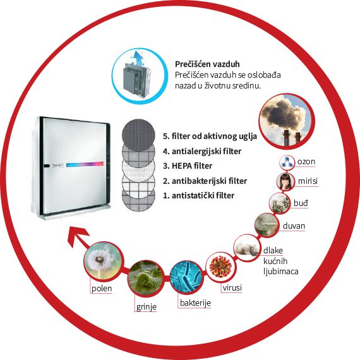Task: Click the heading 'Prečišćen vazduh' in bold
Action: point(207,64)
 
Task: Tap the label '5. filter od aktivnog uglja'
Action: point(210,136)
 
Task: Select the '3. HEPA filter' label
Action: point(188,165)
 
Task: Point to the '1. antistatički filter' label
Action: point(198,196)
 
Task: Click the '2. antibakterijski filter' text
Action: point(205,181)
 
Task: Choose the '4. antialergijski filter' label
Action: point(202,152)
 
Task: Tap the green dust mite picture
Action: point(146,279)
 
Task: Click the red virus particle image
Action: point(221,267)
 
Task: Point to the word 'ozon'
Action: point(306,162)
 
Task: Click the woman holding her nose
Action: point(285,181)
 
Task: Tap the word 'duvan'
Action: point(294,226)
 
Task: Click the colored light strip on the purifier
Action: point(85,164)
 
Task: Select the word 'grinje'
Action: point(147,307)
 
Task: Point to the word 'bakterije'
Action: point(195,303)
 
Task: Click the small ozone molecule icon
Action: point(287,162)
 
